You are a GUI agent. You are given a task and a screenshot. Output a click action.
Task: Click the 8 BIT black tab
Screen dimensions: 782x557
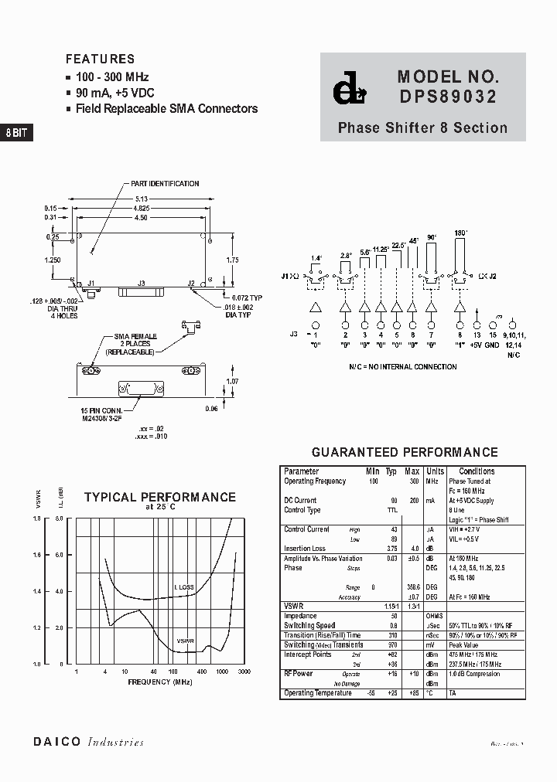[16, 132]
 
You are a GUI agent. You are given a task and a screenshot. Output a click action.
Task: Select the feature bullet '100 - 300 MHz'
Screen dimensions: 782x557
[111, 77]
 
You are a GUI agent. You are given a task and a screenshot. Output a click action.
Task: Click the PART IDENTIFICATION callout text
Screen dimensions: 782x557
[165, 184]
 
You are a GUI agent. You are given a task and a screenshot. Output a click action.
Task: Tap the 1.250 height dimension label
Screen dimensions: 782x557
[52, 260]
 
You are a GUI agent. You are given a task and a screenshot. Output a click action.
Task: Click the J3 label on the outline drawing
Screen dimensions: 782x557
[141, 284]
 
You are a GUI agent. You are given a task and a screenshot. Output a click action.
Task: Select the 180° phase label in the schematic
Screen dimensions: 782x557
[462, 232]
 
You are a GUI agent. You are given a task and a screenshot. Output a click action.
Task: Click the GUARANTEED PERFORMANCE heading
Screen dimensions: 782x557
[404, 452]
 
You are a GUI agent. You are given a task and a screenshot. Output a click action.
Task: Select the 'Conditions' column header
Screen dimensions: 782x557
[477, 471]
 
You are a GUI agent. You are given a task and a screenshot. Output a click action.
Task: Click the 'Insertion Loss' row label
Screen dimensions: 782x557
[306, 548]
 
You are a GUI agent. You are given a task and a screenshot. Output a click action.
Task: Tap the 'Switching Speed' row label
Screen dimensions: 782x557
[309, 625]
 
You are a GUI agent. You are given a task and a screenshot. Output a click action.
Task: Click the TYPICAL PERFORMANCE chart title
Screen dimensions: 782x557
[159, 497]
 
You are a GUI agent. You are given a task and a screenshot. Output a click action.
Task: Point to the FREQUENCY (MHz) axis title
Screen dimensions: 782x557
[160, 683]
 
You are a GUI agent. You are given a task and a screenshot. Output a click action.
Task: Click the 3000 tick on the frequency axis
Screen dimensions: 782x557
[244, 672]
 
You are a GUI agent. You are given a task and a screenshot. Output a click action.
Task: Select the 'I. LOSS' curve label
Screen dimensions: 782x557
[184, 588]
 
